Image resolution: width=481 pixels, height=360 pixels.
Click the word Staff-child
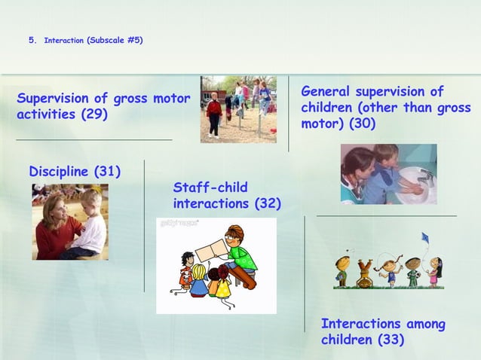pos(210,187)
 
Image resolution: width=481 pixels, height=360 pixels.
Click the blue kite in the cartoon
pos(424,238)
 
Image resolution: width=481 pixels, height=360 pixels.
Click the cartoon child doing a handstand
pos(365,273)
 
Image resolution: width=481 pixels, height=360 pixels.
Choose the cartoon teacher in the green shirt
pos(240,252)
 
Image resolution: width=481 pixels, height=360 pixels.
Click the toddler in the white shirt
pos(91,224)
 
